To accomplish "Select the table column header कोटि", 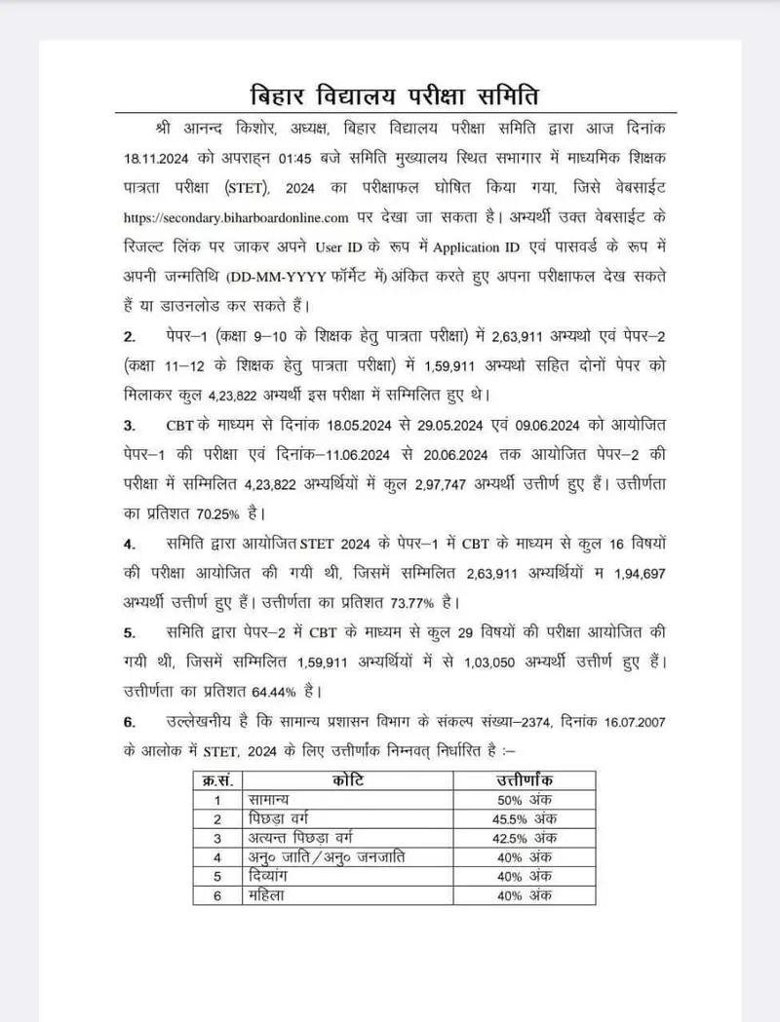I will pos(347,780).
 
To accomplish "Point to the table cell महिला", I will pos(266,894).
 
